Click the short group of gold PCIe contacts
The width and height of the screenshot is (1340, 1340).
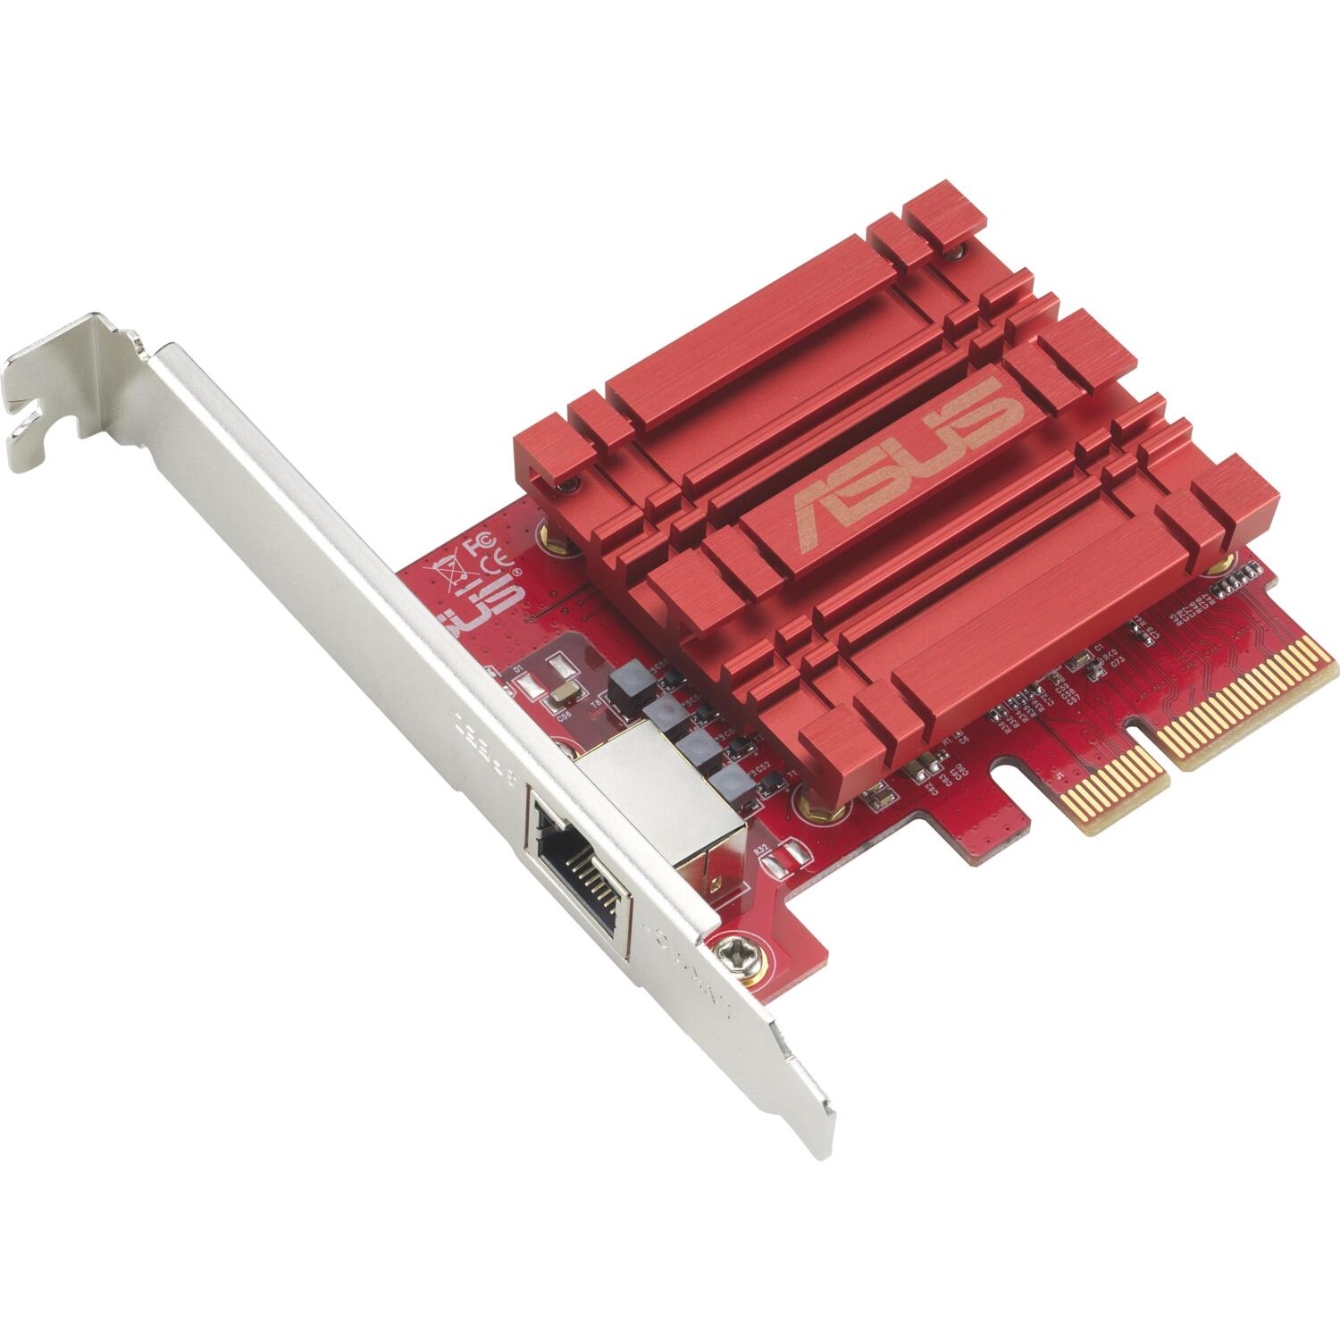point(1118,784)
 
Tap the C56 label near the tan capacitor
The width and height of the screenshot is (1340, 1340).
point(564,716)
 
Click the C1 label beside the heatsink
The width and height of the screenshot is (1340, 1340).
point(1099,646)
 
